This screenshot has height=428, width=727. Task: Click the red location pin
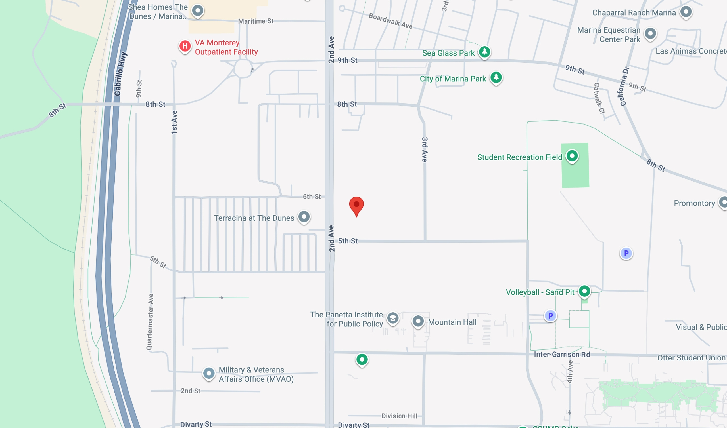click(x=356, y=205)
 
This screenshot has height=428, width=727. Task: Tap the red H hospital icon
click(x=185, y=46)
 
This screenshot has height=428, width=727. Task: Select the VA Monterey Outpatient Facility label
click(x=226, y=47)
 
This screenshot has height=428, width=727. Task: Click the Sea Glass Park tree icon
click(x=484, y=52)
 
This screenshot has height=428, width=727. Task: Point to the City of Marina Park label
click(x=453, y=79)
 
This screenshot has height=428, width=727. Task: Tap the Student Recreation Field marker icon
click(x=572, y=156)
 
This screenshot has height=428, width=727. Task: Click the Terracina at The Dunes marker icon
click(x=304, y=217)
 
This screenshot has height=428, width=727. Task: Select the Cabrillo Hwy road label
click(x=120, y=74)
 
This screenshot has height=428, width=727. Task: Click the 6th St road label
click(x=312, y=196)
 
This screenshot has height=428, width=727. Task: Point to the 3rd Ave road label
click(x=425, y=149)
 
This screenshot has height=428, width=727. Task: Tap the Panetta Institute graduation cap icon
click(x=393, y=318)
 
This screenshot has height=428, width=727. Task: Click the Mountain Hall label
click(x=452, y=322)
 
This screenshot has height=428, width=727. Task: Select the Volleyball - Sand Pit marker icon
click(x=584, y=291)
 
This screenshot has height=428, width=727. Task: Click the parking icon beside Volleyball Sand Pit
click(x=550, y=315)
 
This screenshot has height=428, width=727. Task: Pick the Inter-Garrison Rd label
click(x=562, y=354)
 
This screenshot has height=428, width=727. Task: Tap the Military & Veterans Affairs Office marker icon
click(x=209, y=373)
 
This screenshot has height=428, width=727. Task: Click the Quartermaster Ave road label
click(x=150, y=322)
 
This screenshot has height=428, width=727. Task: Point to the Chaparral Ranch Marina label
click(x=634, y=13)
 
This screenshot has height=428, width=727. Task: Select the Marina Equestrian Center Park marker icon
click(x=650, y=33)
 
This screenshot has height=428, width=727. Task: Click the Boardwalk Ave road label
click(x=390, y=21)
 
